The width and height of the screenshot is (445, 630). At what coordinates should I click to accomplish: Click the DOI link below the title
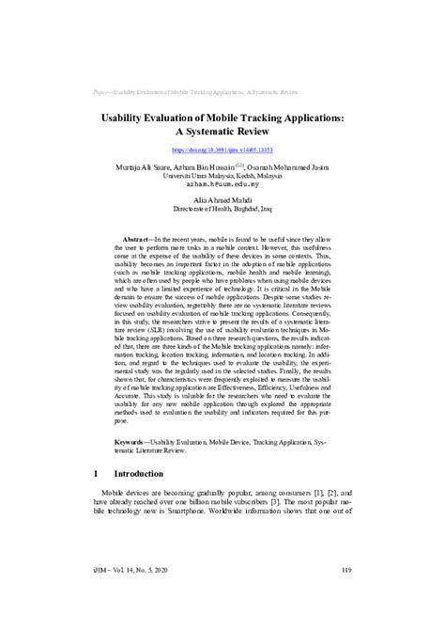tap(222, 150)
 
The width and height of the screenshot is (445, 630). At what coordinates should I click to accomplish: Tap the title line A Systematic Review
tap(222, 134)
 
